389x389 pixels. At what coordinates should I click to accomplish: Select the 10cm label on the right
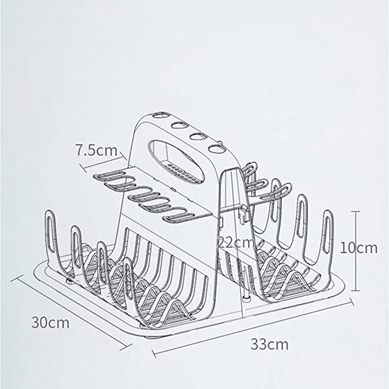pyautogui.click(x=358, y=248)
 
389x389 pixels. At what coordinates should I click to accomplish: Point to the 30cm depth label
pyautogui.click(x=51, y=322)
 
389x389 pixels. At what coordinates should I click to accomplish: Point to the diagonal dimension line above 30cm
pyautogui.click(x=73, y=311)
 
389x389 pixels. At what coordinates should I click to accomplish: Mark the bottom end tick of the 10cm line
pyautogui.click(x=357, y=288)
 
